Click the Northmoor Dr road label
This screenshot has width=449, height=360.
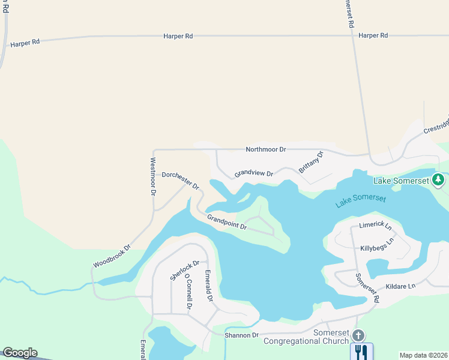coord(266,149)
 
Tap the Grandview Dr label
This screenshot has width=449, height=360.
coord(253,173)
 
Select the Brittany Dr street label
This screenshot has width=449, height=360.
coord(310,162)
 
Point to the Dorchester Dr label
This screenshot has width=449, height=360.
coord(181,181)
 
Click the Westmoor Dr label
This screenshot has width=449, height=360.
coord(153,176)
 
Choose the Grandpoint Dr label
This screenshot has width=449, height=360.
coord(227,223)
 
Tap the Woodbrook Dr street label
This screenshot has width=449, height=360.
coord(112,256)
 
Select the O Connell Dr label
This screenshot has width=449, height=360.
coord(188,293)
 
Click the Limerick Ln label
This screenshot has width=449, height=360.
coord(375,227)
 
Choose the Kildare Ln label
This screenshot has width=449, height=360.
coord(400,286)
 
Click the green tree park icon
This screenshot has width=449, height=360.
coord(439,179)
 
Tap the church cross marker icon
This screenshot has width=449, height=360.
coord(358,335)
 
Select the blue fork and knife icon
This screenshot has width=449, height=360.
coord(361,352)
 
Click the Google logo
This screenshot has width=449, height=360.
coord(20,353)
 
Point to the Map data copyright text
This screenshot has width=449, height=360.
coord(423,355)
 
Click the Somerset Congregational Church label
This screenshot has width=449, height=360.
coord(306,337)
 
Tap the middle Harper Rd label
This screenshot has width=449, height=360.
coord(178,36)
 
